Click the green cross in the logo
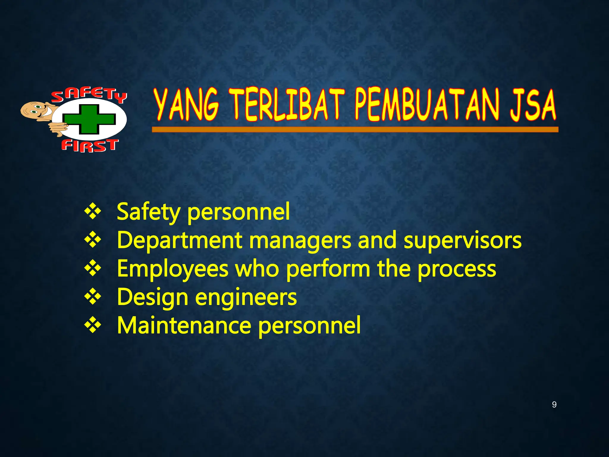89,119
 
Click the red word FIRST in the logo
90,145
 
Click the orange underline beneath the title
355,129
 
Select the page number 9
554,405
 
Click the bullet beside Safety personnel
93,212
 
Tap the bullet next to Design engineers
93,297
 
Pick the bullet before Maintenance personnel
93,325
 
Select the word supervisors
462,240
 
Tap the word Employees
172,269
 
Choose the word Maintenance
184,325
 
